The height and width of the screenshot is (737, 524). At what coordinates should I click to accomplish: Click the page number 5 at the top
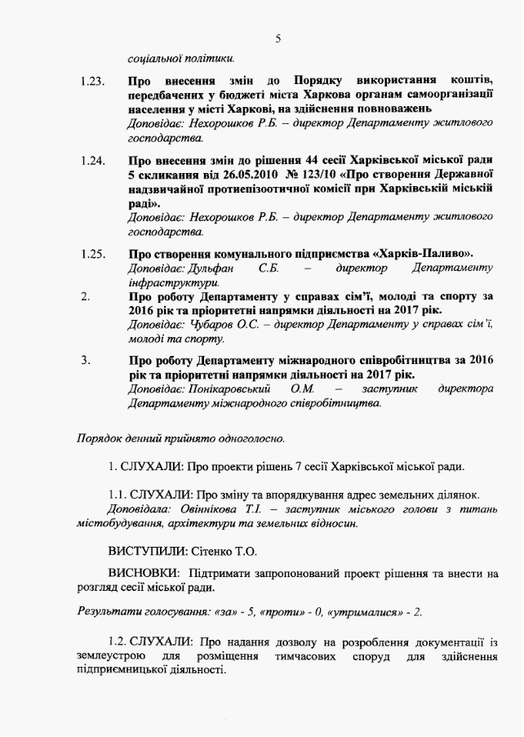[x=278, y=38]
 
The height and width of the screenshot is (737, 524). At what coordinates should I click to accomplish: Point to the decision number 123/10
[x=310, y=175]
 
